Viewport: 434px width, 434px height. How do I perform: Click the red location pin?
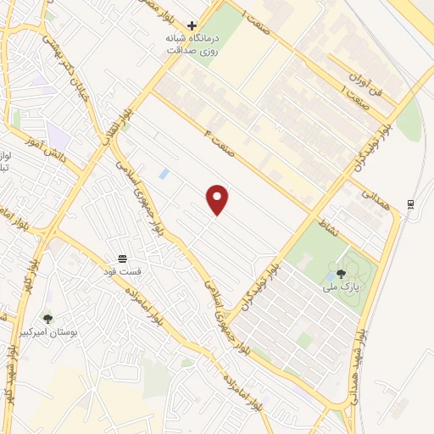pyautogui.click(x=219, y=198)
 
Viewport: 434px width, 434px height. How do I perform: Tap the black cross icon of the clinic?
pyautogui.click(x=193, y=26)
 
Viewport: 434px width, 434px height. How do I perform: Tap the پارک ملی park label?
pyautogui.click(x=341, y=287)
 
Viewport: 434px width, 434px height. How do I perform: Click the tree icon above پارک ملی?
pyautogui.click(x=341, y=274)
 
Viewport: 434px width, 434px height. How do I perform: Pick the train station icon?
pyautogui.click(x=411, y=203)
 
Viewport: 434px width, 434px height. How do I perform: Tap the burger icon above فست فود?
pyautogui.click(x=123, y=258)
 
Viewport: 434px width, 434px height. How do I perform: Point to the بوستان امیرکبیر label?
pyautogui.click(x=73, y=333)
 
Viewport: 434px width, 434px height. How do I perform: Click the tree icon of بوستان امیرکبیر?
pyautogui.click(x=47, y=319)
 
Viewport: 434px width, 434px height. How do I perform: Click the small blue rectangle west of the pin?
pyautogui.click(x=164, y=174)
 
